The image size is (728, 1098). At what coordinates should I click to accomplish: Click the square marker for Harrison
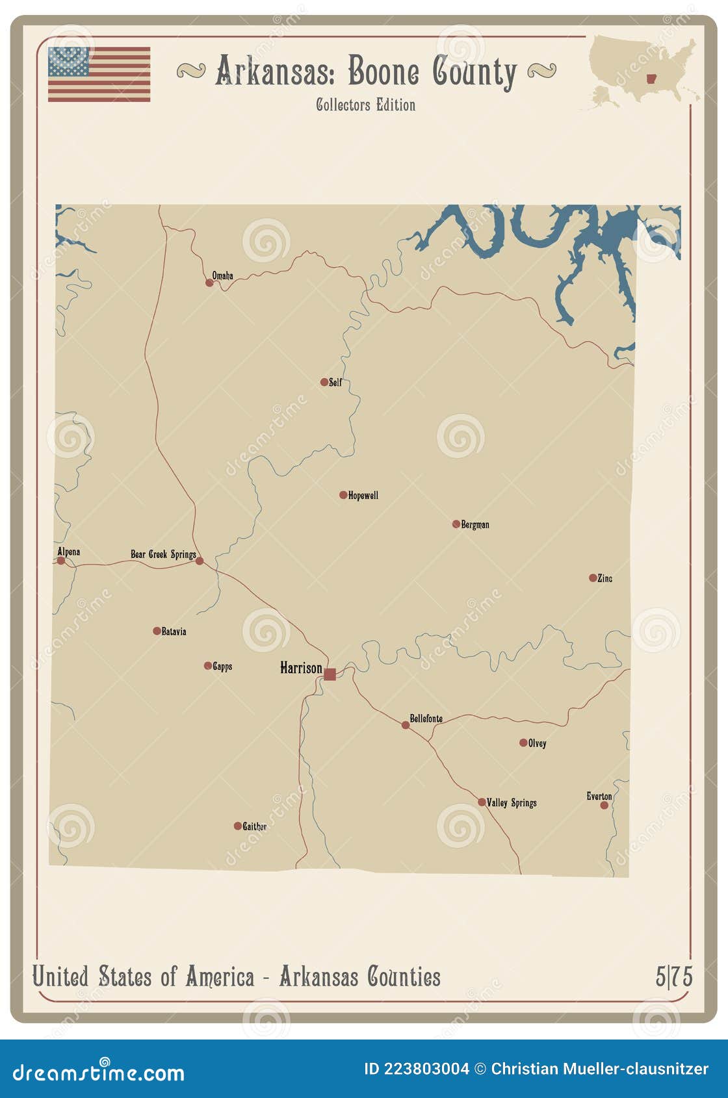point(330,674)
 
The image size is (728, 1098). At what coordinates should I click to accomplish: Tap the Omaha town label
point(222,275)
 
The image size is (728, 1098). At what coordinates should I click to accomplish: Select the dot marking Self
point(324,382)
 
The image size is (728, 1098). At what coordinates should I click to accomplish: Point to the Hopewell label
point(363,495)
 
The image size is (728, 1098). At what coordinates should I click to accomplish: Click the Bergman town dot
point(456,524)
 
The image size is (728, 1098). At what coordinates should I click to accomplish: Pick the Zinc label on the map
point(604,578)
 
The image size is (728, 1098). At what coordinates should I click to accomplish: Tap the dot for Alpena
point(61,560)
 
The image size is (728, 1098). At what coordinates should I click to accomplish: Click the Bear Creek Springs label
point(163,554)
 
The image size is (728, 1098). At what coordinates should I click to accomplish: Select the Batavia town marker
point(157,631)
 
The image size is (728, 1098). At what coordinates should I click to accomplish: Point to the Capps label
point(222,666)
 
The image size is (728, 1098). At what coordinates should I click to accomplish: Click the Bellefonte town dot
point(406,725)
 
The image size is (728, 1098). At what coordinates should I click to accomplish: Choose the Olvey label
point(537,743)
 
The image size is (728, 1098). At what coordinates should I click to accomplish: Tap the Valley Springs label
point(512,802)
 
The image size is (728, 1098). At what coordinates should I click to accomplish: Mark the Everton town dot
point(604,805)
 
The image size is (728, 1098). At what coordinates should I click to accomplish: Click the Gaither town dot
point(238,826)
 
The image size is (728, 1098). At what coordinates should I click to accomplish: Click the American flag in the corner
point(99,74)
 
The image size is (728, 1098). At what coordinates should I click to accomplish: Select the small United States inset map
point(643,70)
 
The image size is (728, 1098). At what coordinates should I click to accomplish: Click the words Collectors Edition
point(365,105)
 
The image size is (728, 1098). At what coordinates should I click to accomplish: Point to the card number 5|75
point(674,976)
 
